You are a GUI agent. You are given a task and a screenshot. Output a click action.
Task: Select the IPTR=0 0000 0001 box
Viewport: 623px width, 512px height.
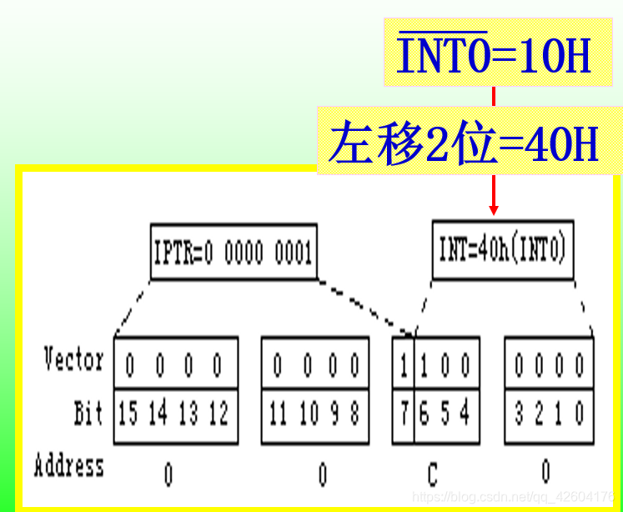[x=234, y=251]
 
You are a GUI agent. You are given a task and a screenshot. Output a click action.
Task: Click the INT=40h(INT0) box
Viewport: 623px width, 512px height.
[x=502, y=249]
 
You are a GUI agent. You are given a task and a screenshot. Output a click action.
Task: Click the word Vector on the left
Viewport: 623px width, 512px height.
[x=74, y=361]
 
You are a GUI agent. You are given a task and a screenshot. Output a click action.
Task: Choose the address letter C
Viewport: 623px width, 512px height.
[x=431, y=474]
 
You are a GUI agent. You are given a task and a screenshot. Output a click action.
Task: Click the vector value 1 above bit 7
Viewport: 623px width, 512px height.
[x=405, y=364]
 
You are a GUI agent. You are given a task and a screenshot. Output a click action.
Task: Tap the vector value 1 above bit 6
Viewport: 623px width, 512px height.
[x=425, y=364]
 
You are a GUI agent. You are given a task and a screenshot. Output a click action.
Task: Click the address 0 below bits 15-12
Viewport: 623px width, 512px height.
[x=168, y=474]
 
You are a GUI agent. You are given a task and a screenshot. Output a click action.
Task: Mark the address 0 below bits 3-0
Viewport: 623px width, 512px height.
[x=545, y=472]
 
